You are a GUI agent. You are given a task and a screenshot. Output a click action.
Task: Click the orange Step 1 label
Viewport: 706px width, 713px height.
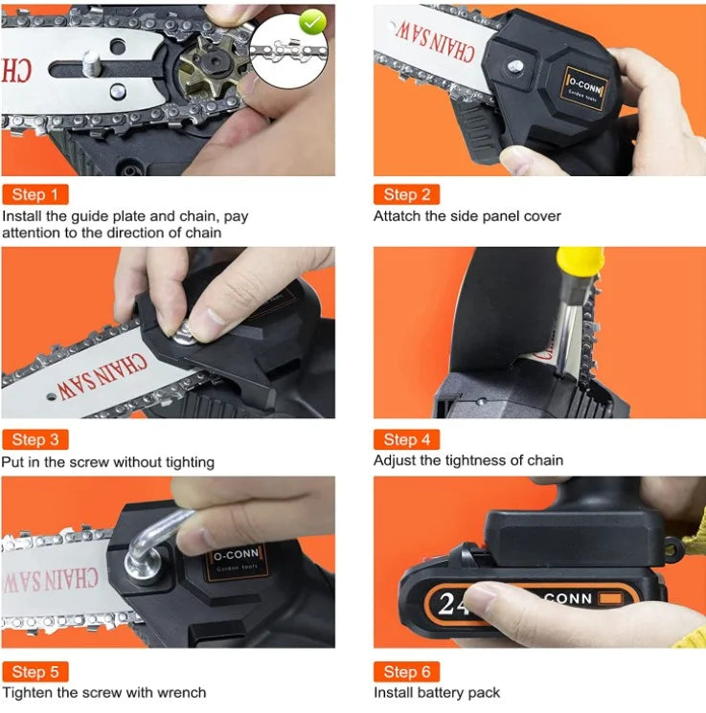35,194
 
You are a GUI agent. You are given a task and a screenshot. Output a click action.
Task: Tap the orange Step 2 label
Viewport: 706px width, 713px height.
406,194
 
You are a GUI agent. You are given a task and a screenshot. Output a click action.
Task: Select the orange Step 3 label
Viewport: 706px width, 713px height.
35,439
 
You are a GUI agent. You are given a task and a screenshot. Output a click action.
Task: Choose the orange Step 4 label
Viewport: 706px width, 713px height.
406,439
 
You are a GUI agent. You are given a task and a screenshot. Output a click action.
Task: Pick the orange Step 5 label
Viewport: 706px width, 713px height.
35,672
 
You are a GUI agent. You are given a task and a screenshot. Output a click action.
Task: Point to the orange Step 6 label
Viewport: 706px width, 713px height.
406,672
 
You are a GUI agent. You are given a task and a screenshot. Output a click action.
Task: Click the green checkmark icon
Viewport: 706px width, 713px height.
312,22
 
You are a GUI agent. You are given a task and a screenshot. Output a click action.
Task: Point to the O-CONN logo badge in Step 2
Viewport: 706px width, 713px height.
584,89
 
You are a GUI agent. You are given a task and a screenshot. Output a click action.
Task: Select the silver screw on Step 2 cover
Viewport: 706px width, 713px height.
514,67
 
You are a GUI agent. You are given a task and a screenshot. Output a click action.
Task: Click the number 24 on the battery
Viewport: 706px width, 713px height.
452,604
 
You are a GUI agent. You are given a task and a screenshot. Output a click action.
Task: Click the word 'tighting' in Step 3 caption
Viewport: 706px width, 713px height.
190,463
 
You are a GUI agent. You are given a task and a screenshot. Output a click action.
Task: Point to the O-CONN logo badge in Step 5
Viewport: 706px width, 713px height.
237,561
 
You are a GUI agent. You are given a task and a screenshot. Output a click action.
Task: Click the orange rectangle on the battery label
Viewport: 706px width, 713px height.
610,597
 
